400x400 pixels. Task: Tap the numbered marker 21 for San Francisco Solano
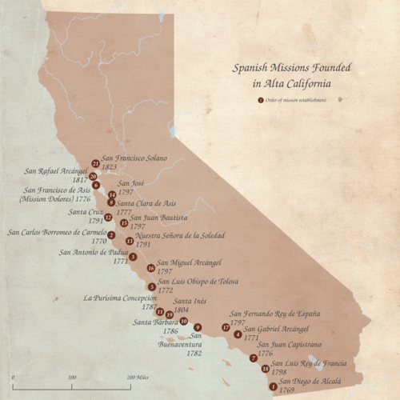click(x=96, y=163)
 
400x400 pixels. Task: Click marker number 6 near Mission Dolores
click(x=96, y=185)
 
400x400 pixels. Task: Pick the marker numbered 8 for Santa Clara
click(x=111, y=203)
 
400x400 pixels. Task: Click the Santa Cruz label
click(x=85, y=212)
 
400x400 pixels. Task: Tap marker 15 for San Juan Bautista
click(x=123, y=223)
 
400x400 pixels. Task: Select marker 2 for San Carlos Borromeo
click(x=111, y=235)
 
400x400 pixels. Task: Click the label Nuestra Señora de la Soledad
click(x=180, y=235)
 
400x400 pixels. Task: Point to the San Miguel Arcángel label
click(x=189, y=262)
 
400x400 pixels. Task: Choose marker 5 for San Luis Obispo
click(x=152, y=286)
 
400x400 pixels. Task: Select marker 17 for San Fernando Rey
click(x=226, y=327)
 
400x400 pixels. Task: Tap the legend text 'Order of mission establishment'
click(x=295, y=100)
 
